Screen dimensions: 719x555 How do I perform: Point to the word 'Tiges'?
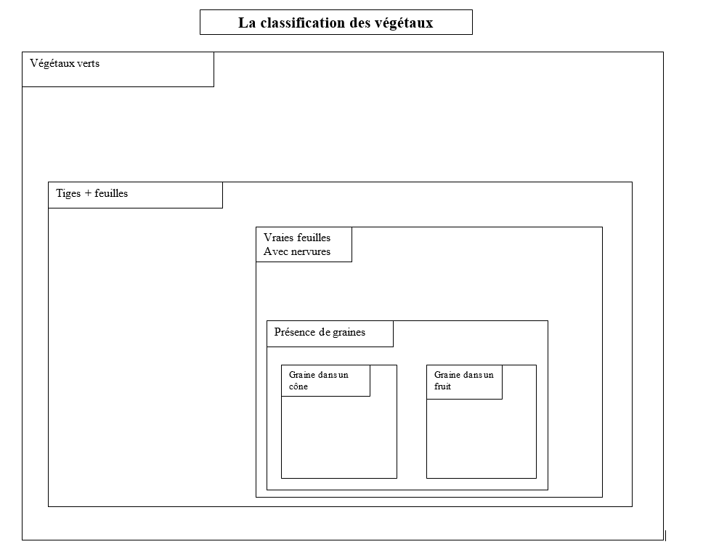point(68,193)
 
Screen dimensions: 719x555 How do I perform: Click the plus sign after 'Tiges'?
point(88,193)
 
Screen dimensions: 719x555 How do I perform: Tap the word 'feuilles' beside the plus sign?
point(111,193)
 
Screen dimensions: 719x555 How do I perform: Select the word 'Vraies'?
point(278,238)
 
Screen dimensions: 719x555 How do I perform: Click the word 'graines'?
point(349,332)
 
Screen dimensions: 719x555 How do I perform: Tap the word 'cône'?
point(298,386)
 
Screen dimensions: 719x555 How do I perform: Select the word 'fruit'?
point(442,386)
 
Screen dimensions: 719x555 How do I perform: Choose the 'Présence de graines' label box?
point(330,334)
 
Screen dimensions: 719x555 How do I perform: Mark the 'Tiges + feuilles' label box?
point(135,195)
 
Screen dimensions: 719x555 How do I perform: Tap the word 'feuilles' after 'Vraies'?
point(314,238)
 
